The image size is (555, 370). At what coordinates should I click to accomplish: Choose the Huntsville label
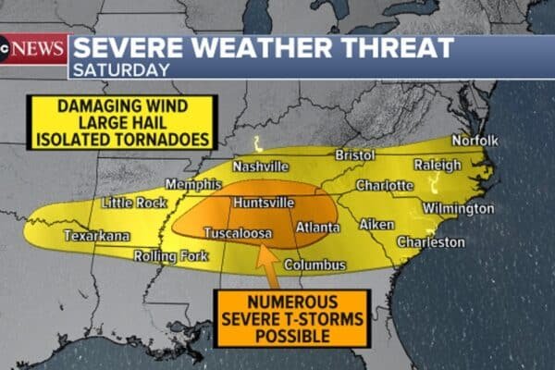[265, 202]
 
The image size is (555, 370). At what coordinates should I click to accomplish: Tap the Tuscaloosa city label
[238, 233]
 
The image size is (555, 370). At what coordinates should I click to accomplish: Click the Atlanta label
[317, 227]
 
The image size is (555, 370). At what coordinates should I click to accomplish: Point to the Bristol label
[354, 154]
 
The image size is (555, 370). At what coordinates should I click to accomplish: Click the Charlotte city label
[384, 185]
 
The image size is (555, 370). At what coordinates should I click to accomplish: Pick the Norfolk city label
[475, 140]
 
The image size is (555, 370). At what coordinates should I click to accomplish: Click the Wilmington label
[459, 209]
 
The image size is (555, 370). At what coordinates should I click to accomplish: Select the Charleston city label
[430, 242]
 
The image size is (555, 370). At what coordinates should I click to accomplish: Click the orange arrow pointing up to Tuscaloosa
[267, 269]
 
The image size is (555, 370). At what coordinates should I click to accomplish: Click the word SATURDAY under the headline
[121, 69]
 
